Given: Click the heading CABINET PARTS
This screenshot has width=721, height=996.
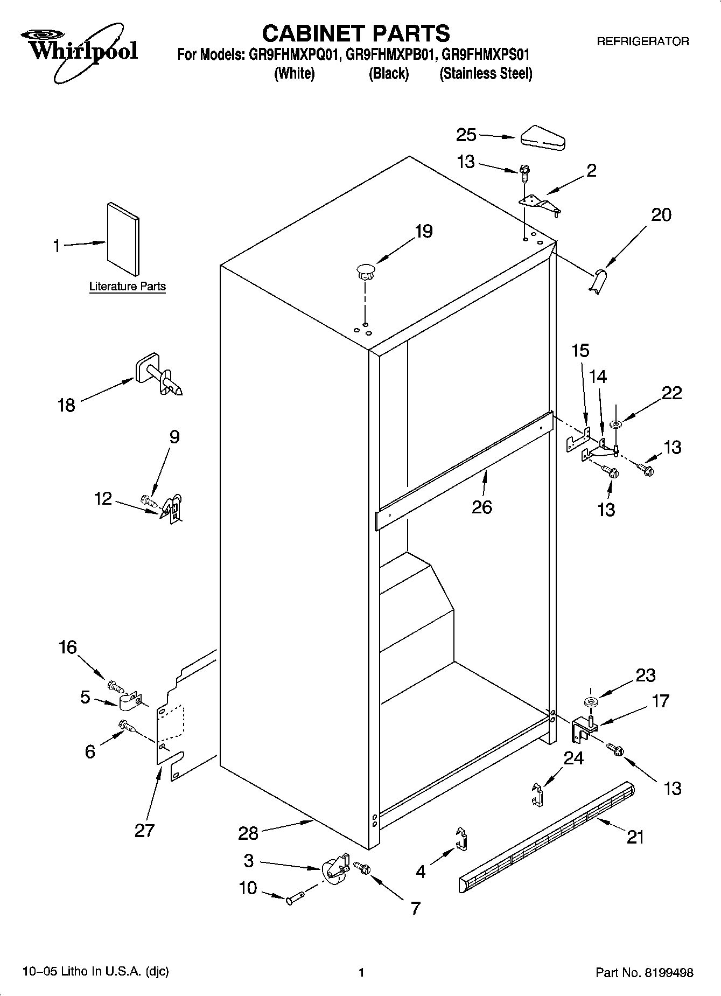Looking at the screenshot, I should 355,33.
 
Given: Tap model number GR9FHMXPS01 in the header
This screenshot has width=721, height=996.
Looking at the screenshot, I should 485,54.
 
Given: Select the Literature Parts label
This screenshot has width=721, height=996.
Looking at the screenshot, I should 127,287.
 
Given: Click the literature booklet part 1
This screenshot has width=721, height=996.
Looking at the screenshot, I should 123,239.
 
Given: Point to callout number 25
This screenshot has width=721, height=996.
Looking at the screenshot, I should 466,135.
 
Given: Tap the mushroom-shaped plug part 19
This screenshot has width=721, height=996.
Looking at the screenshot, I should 365,270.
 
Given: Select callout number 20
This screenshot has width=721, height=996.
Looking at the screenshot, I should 661,215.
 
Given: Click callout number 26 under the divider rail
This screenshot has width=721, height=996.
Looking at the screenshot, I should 481,507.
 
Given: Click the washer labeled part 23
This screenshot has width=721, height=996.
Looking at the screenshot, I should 590,701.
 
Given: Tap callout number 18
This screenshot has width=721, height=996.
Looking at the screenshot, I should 66,405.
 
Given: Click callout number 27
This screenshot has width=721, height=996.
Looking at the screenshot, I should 144,830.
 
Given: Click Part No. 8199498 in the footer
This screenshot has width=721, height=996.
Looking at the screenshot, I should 644,972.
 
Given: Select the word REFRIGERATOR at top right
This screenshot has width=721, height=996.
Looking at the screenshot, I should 642,41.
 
